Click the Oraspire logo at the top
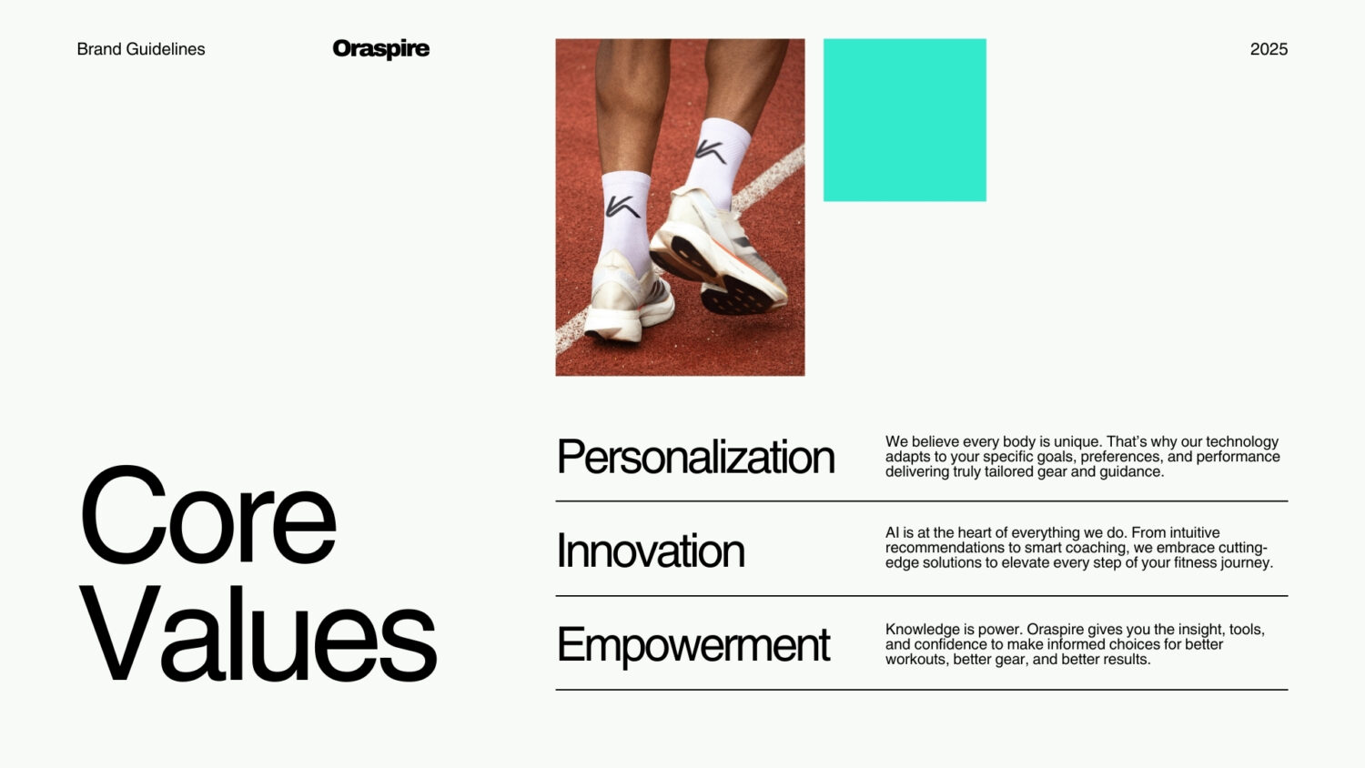coord(381,49)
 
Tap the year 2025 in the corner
coord(1269,49)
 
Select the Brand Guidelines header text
coord(141,49)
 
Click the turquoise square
coord(905,120)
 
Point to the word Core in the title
coord(207,515)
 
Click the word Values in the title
coord(258,633)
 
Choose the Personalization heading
coord(695,457)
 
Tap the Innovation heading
coord(651,551)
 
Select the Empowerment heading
coord(693,645)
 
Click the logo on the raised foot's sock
coord(711,152)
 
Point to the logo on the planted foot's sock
coord(622,207)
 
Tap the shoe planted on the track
coord(629,298)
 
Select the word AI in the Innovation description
coord(892,532)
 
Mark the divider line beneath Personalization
coord(921,501)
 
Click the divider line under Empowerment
coord(921,690)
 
